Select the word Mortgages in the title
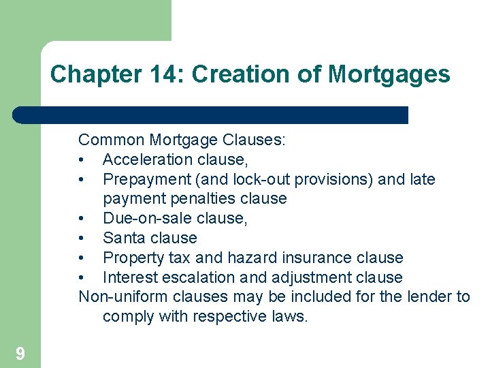(389, 74)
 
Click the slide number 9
(20, 353)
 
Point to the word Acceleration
(147, 159)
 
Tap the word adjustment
(295, 277)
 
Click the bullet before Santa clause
(82, 238)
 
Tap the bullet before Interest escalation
(82, 277)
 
